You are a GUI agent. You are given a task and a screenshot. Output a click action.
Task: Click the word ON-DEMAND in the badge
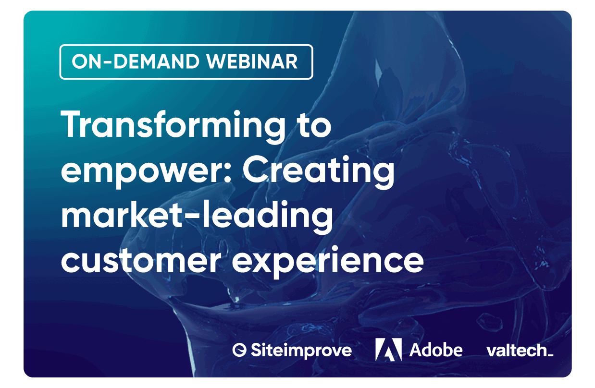136,61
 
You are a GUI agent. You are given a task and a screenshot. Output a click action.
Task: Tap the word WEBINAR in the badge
252,61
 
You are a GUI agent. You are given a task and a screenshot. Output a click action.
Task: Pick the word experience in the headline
328,262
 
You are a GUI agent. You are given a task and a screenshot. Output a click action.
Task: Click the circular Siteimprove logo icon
239,350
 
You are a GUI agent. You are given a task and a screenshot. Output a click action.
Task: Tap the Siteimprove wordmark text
301,351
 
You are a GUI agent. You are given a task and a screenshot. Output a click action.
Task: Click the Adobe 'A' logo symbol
388,350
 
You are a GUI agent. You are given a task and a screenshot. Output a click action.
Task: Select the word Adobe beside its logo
436,350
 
